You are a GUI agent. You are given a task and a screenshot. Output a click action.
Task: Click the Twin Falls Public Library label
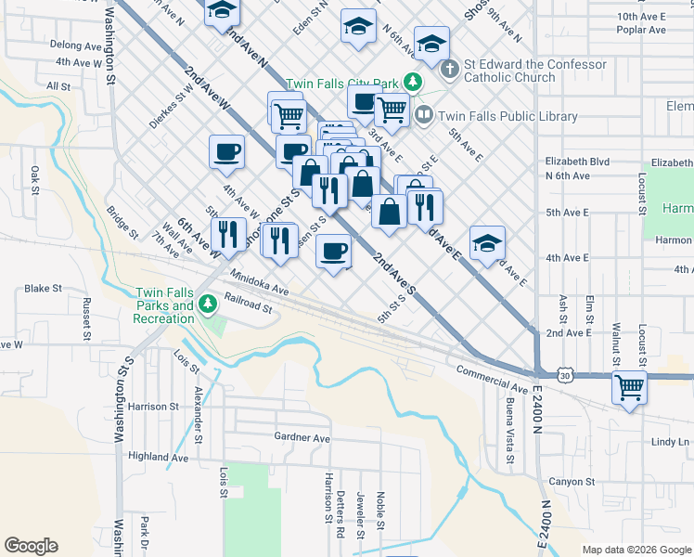point(508,117)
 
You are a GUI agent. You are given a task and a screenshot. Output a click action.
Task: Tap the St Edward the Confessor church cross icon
point(449,69)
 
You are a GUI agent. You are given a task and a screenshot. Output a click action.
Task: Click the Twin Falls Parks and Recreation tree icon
point(208,302)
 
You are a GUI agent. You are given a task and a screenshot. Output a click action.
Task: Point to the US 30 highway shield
point(564,375)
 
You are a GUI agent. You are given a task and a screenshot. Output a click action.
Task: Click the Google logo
point(31,546)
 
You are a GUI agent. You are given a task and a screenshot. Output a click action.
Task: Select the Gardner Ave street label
point(302,437)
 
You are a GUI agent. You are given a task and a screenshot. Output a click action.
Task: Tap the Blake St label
point(43,289)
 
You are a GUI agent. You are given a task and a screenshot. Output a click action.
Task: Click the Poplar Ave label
point(641,30)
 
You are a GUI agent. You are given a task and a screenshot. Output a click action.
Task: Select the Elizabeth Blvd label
point(578,161)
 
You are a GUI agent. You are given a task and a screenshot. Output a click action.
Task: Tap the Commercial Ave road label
point(492,377)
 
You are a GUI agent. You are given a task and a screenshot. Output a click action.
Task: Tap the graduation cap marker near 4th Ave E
point(487,243)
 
